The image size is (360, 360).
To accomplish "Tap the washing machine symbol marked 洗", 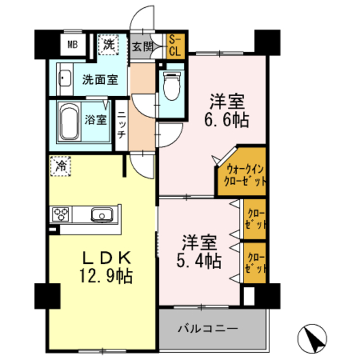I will click(107, 44).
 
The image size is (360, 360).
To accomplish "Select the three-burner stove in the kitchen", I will click(61, 214).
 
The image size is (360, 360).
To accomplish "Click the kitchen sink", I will click(102, 214).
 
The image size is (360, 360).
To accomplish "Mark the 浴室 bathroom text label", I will click(95, 119).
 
